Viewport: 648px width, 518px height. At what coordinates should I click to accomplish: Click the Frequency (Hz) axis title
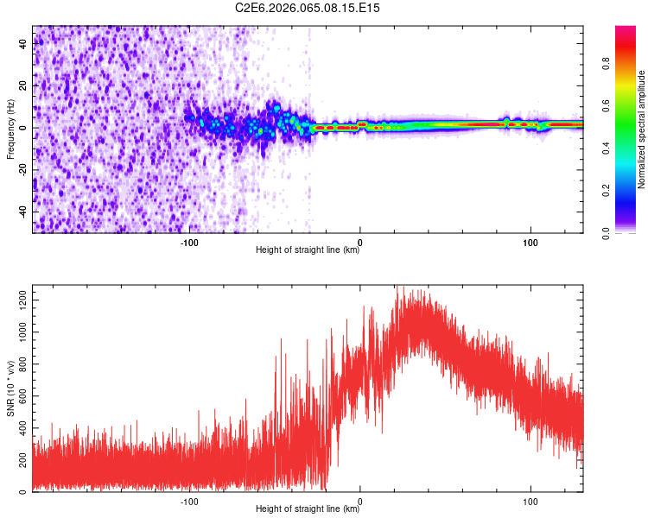click(10, 129)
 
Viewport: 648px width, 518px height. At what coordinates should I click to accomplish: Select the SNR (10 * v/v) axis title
click(10, 388)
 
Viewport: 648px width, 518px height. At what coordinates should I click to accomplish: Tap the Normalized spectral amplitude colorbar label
click(642, 129)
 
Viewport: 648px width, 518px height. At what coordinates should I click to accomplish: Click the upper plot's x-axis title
click(308, 250)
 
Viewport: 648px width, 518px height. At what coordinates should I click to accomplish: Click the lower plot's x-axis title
click(308, 509)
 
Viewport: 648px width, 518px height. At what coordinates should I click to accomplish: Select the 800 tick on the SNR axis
click(21, 363)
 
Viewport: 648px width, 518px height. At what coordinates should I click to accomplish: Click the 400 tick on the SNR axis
click(21, 428)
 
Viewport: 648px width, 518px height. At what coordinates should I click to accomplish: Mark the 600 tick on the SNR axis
click(21, 396)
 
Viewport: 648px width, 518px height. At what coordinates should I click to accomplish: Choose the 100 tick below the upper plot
click(530, 241)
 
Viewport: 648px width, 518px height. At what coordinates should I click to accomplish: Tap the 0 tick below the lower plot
click(360, 500)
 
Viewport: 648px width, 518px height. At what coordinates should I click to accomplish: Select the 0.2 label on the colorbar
click(607, 191)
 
